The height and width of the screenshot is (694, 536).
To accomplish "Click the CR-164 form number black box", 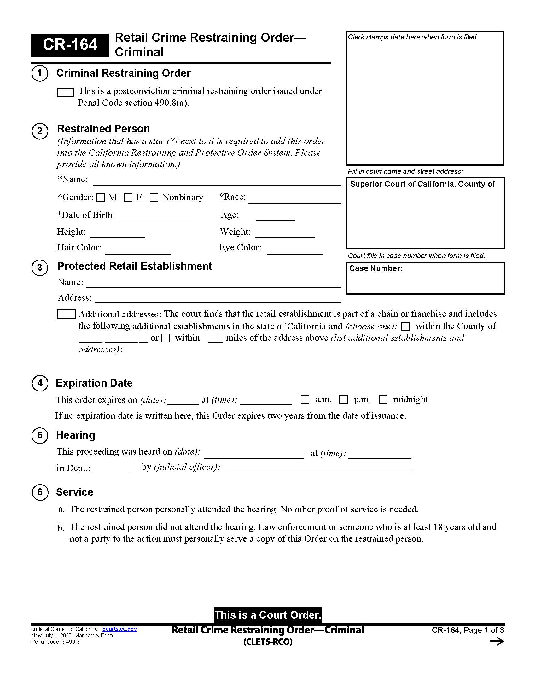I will pos(70,45).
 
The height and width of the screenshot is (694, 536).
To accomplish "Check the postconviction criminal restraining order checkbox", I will pos(65,92).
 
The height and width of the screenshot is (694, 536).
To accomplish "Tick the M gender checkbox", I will pos(101,198).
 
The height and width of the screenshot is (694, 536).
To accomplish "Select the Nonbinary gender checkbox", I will pos(154,198).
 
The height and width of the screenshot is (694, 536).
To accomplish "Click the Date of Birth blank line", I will pos(158,217).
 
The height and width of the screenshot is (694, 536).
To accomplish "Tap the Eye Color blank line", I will pos(294,250).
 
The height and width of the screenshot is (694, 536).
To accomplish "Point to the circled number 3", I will pos(40,267).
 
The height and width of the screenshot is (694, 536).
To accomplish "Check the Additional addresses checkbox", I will pos(66,314).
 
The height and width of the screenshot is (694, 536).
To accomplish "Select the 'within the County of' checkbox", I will pos(405,326).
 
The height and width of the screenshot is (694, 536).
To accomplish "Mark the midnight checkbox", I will pos(383,399).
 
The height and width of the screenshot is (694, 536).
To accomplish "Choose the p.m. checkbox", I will pos(344,399).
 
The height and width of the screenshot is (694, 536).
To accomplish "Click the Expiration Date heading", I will pos(94,383).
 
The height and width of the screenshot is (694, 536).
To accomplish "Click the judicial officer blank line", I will pos(318,468).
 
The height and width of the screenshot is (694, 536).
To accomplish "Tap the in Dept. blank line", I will pos(111,469).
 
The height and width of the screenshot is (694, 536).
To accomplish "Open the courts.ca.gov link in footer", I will pos(119,629).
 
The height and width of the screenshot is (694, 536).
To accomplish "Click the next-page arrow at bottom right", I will pos(497,642).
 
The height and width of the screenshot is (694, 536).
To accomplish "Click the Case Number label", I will pos(375,268).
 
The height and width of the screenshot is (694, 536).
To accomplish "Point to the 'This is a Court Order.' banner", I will pos(268,615).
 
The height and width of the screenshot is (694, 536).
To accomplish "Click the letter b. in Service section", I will pos(61,528).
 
